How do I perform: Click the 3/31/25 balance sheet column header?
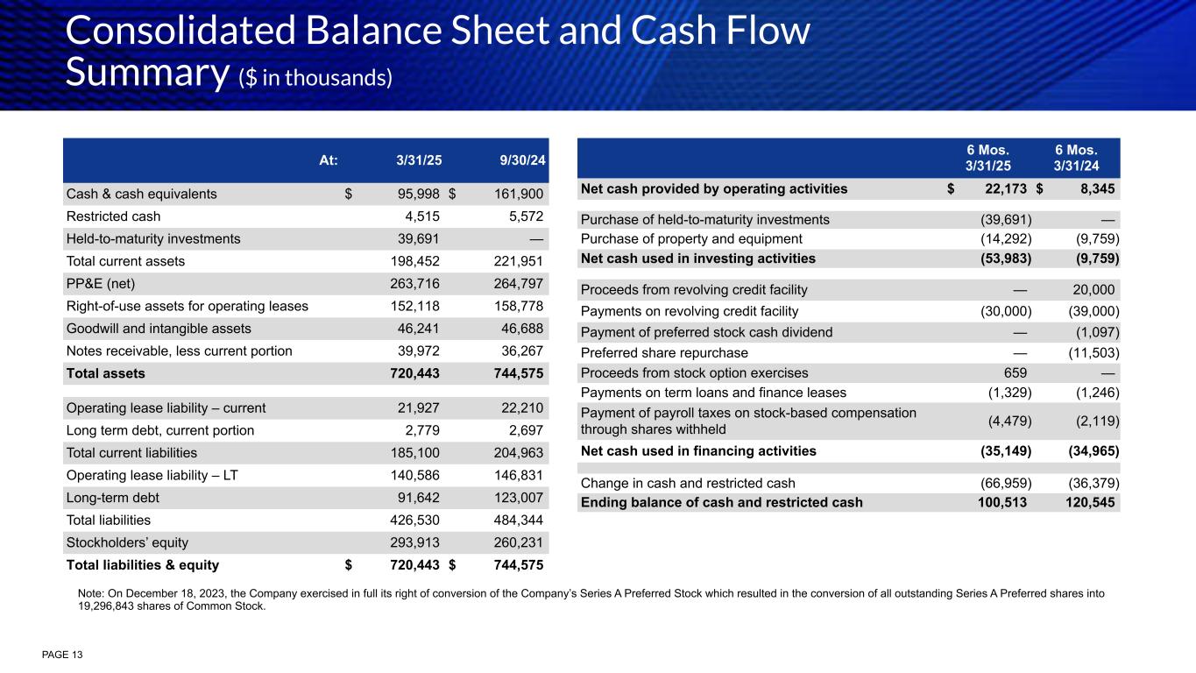click(418, 160)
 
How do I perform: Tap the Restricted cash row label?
click(113, 216)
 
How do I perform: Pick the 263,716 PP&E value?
click(414, 284)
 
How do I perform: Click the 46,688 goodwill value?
click(520, 329)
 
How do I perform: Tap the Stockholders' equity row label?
click(127, 542)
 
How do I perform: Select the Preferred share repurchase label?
click(664, 352)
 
